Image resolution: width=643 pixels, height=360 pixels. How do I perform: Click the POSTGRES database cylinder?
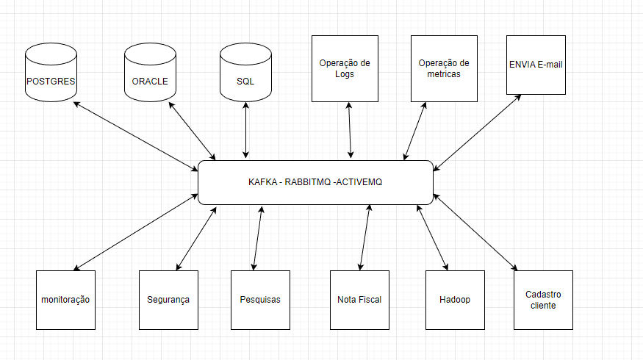[51, 73]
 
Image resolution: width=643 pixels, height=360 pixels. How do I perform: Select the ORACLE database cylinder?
[150, 73]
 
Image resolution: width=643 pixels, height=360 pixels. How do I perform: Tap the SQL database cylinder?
[245, 73]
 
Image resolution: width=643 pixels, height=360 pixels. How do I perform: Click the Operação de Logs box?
[345, 68]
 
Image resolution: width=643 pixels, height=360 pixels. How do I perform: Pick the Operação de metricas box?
[444, 68]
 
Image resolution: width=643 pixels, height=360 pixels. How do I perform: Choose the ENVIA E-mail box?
[536, 65]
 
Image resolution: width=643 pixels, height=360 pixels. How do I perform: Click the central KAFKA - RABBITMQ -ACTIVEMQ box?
[315, 182]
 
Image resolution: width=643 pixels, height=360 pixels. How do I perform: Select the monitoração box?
[65, 300]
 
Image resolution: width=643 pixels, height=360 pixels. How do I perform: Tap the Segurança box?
[168, 300]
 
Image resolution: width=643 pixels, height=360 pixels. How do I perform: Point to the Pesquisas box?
[260, 300]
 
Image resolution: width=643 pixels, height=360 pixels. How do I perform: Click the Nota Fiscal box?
[359, 300]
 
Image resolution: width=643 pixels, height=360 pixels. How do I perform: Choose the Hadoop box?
[455, 300]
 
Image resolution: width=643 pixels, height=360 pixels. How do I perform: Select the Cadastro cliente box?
[543, 300]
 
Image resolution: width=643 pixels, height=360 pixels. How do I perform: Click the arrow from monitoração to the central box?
[136, 231]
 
